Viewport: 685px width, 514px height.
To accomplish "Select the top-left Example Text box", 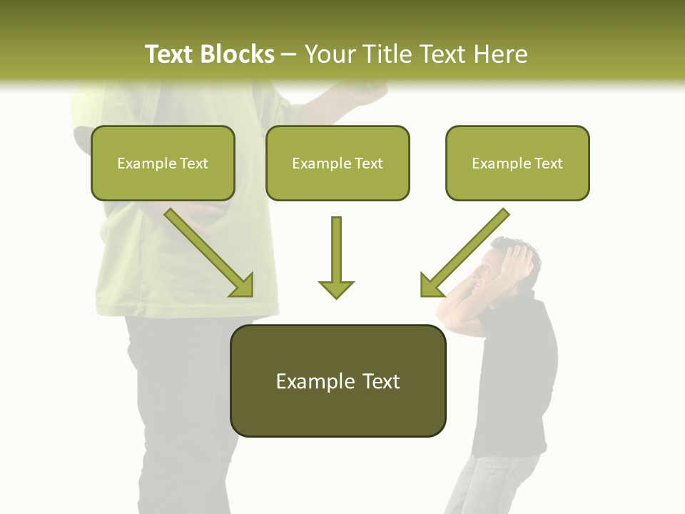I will click(163, 163).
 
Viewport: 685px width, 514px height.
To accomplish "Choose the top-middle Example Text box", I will click(338, 163).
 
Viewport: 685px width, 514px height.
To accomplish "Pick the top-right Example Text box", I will click(517, 163).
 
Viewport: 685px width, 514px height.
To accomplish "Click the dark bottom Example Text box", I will click(338, 381).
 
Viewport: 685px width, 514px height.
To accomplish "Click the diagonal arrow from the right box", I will click(464, 253).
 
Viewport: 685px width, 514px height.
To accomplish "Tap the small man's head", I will click(509, 261).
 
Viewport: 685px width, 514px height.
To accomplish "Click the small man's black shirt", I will click(517, 378).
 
